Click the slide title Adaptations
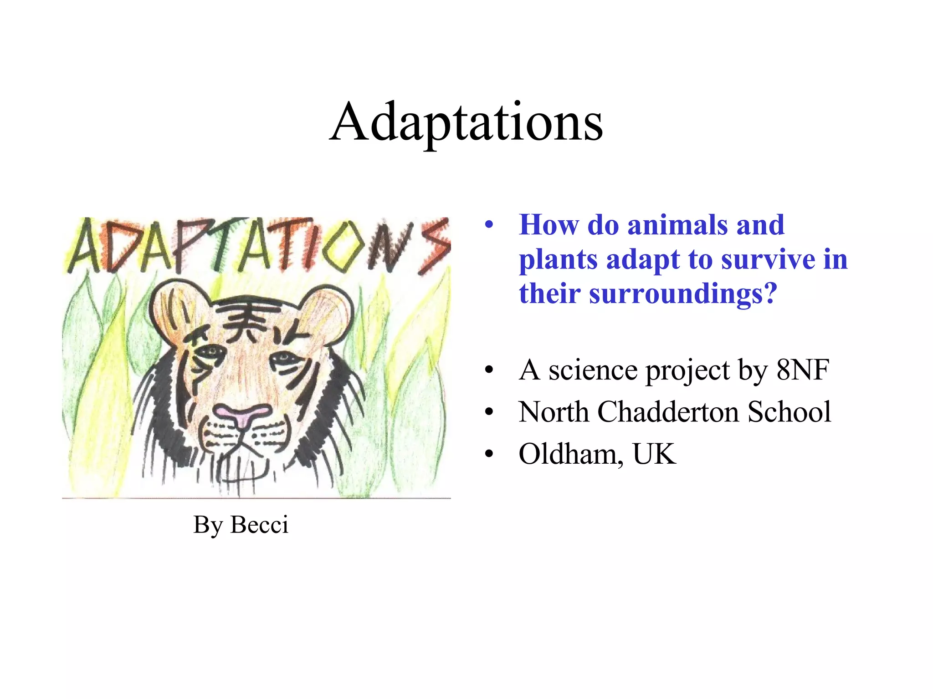point(466,122)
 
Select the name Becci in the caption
point(259,524)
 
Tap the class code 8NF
point(802,370)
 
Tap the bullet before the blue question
point(489,225)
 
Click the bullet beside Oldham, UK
point(489,454)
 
